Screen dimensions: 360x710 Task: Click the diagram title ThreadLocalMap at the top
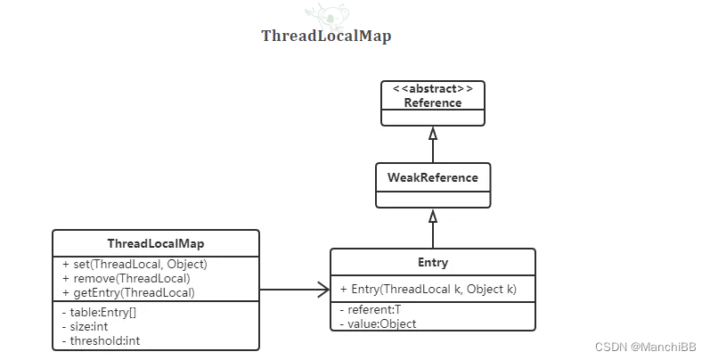pos(326,37)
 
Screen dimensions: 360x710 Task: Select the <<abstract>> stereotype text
pos(433,89)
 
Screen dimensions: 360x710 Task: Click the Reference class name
pos(433,102)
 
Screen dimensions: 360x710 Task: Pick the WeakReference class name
pos(433,177)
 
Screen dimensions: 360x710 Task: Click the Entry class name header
pos(433,263)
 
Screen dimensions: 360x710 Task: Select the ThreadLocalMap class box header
pos(156,243)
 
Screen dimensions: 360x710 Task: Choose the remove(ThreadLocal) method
pos(126,278)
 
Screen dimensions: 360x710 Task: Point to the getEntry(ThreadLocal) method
pos(128,292)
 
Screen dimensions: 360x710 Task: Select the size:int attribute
pos(87,326)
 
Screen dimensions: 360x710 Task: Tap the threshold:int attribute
pos(101,340)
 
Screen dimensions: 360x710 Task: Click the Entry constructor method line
pos(423,290)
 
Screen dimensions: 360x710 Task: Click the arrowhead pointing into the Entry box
pos(323,289)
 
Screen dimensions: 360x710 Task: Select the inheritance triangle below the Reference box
pos(433,134)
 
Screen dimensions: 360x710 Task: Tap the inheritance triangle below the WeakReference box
pos(433,217)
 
